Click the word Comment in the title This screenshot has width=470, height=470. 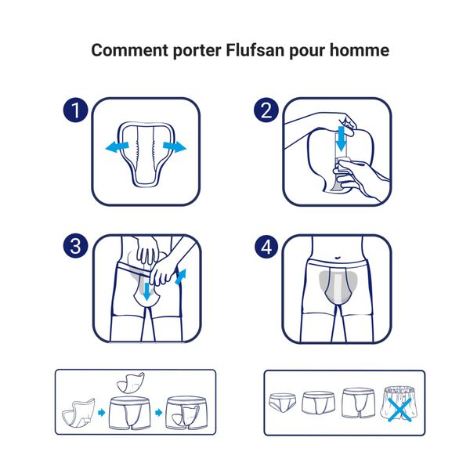126,51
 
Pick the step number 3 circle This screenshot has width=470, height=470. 76,246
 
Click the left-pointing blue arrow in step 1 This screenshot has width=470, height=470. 117,147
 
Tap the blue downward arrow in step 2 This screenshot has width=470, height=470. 340,141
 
